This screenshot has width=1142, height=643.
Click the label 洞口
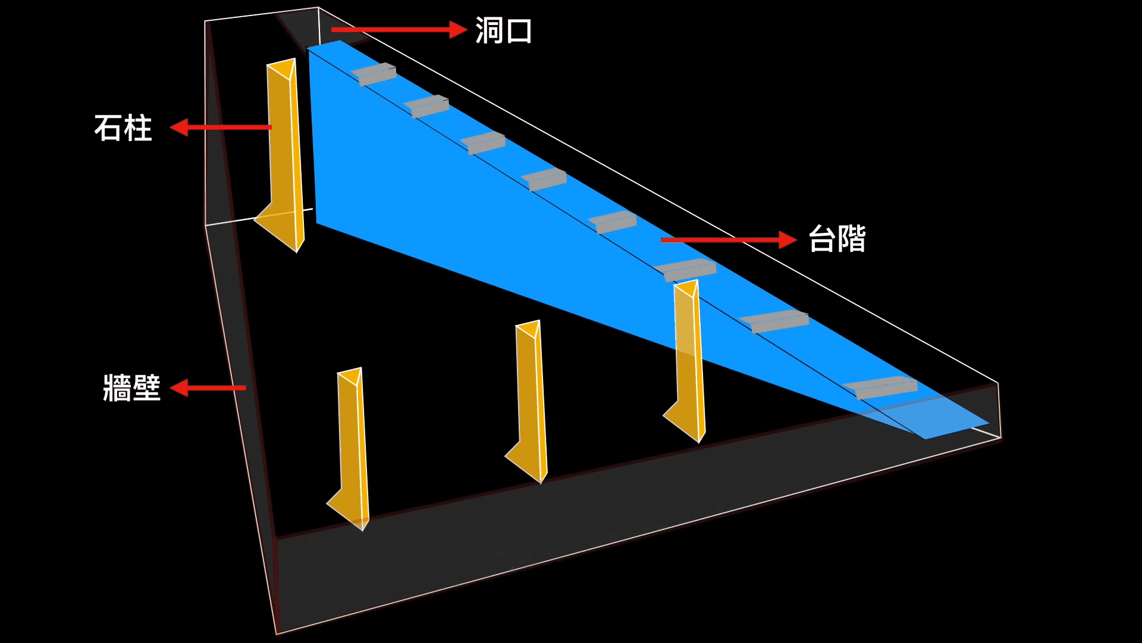[503, 30]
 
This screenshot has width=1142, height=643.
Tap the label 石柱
[123, 128]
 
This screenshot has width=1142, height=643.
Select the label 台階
[837, 239]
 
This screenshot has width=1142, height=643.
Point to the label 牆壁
[131, 388]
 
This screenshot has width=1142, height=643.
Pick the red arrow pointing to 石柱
[220, 127]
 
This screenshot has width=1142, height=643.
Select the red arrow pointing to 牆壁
[208, 388]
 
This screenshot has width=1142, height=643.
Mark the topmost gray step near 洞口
[374, 74]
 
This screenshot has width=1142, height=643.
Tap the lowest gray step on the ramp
[881, 387]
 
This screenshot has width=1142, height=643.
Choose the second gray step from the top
[427, 106]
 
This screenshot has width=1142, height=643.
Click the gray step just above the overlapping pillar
[686, 270]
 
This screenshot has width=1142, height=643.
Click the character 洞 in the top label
[489, 30]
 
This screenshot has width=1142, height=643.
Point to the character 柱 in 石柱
[138, 128]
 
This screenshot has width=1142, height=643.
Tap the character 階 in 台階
[852, 239]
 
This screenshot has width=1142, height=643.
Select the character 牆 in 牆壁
[117, 388]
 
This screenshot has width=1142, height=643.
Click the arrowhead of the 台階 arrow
[788, 240]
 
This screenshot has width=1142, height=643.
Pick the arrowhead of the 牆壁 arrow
[179, 388]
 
